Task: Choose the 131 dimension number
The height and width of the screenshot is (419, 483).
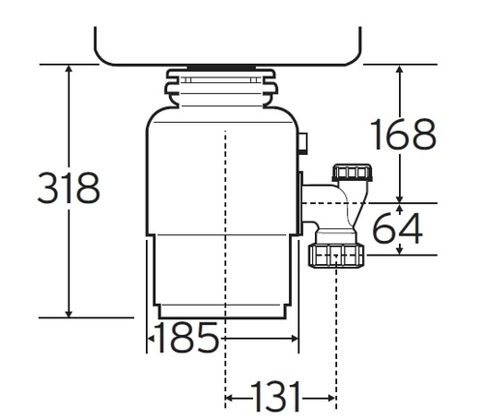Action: click(x=280, y=398)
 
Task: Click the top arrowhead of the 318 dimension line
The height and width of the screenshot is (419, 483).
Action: click(x=70, y=71)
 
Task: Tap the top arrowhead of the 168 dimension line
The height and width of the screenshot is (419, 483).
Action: click(x=401, y=71)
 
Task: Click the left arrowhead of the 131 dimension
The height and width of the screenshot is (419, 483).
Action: click(x=230, y=398)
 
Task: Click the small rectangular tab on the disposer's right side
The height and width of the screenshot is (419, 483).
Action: click(x=304, y=143)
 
